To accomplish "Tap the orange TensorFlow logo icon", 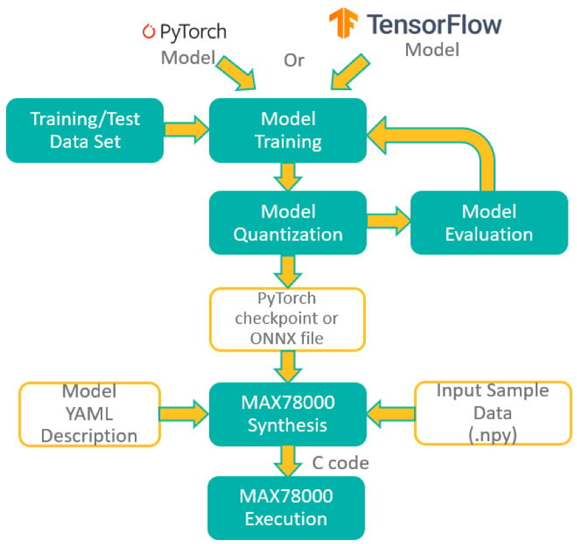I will (345, 24).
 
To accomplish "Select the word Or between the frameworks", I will (294, 60).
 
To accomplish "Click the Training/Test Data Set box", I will (85, 130).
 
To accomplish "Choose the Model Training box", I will (288, 130).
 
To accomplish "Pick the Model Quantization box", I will (288, 223).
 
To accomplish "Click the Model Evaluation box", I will (489, 223).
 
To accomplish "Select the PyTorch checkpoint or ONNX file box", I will (288, 319).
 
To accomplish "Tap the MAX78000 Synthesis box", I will (288, 414).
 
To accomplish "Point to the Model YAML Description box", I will (90, 414).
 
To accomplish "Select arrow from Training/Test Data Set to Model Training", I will (186, 129).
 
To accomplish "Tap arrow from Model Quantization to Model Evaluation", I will (388, 223).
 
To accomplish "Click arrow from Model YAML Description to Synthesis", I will (184, 414).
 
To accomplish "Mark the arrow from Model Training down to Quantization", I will (288, 176).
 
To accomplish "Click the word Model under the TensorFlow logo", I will (433, 49).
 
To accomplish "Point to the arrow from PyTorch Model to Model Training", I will (238, 73).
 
